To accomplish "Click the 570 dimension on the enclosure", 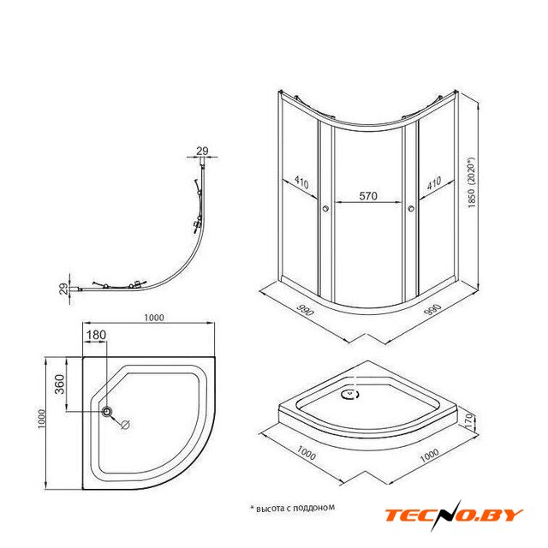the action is tap(368, 196).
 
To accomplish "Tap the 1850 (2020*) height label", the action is tap(472, 182).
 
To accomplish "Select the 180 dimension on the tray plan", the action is tap(96, 335).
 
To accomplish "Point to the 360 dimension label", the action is tap(59, 384).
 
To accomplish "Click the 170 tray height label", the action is tap(469, 422).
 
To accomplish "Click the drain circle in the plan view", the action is tap(107, 411).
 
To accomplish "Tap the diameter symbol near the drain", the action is tap(125, 425).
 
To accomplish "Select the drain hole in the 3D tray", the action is tap(350, 395).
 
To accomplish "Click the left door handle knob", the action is tap(325, 209).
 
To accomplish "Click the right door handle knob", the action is tap(411, 209).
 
